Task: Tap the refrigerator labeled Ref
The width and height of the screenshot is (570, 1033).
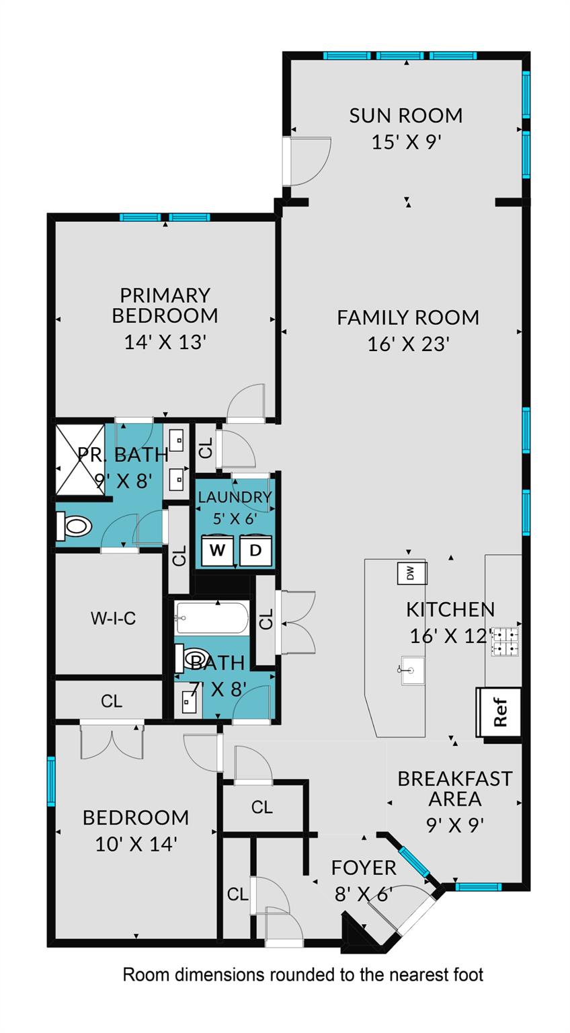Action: pos(499,712)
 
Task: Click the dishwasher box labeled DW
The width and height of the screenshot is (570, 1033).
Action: pos(411,573)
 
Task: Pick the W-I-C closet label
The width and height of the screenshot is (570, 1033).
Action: pos(113,618)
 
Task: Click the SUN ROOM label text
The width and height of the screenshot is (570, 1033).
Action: pos(406,116)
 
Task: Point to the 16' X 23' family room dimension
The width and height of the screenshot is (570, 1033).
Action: pos(408,344)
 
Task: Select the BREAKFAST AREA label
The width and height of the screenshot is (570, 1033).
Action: pos(455,789)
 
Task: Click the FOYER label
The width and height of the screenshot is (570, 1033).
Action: pos(364,868)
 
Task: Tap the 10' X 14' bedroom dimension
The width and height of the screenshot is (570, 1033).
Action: pos(136,843)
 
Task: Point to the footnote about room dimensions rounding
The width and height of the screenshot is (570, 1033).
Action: pos(302,974)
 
